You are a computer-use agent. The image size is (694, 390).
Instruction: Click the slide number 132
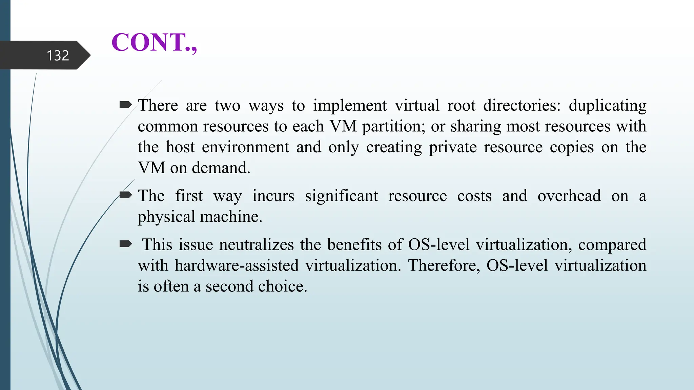point(58,56)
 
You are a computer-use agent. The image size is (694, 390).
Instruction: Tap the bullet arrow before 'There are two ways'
point(125,105)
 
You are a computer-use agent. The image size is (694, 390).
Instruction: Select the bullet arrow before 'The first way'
point(125,195)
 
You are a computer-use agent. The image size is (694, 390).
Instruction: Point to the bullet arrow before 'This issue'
point(125,244)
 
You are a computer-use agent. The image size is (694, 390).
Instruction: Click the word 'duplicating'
point(607,106)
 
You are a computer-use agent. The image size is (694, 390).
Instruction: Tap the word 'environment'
point(245,147)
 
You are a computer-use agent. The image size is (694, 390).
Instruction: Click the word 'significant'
point(341,196)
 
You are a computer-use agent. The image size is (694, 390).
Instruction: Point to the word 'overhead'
point(569,196)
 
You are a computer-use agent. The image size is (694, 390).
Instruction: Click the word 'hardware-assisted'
point(237,265)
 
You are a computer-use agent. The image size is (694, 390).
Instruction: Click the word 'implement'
point(350,106)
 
